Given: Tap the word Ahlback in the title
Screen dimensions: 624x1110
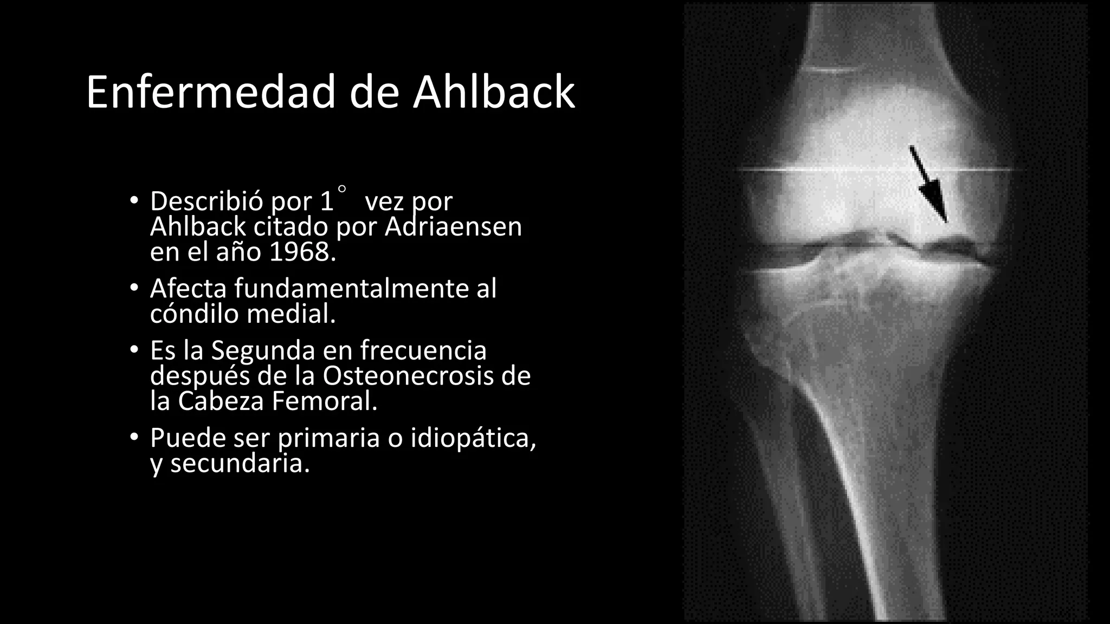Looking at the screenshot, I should click(493, 93).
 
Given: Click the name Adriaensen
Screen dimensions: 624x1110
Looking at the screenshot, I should click(453, 226).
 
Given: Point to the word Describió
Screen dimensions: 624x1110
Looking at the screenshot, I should click(207, 201).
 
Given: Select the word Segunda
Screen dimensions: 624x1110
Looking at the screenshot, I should click(263, 350).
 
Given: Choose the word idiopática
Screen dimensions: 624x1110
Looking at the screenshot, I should click(473, 438).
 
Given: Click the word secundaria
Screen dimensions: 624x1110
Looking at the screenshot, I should click(240, 464).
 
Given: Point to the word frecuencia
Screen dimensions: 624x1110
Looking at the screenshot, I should click(423, 350).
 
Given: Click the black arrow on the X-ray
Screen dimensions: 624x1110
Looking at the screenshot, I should click(930, 184).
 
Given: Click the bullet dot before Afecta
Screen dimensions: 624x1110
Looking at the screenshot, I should click(134, 289).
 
